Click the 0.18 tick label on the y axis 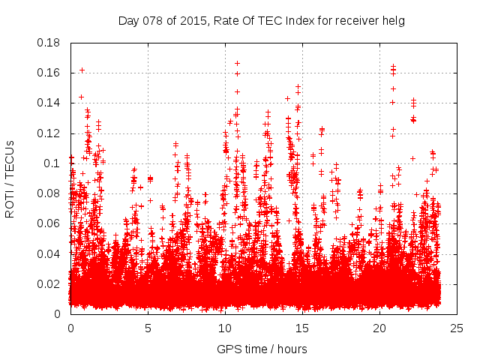(51, 43)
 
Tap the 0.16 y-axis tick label (51, 73)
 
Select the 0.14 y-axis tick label (51, 103)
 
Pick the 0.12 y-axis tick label (51, 133)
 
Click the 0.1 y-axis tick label (54, 163)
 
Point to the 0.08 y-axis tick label (51, 193)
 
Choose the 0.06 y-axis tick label (51, 223)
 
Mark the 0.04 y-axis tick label (51, 253)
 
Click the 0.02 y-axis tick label (51, 283)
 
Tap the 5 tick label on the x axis (148, 328)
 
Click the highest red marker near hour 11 (237, 64)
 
